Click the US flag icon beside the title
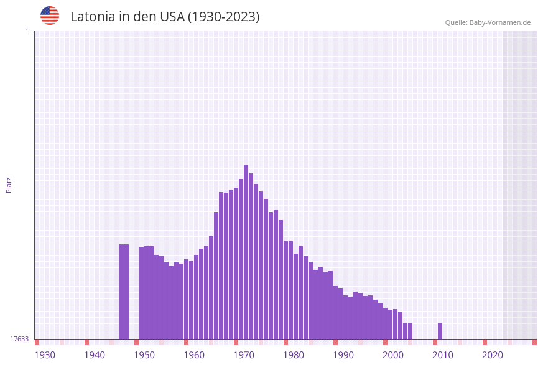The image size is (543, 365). [50, 16]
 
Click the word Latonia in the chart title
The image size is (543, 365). [93, 17]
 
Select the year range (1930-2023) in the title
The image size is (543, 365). [223, 17]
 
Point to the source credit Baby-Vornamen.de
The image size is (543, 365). [488, 22]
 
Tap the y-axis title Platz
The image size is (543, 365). [9, 185]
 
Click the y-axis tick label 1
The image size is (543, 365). [26, 31]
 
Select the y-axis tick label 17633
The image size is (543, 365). [19, 339]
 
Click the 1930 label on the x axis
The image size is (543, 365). [45, 355]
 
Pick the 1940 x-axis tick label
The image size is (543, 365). [95, 355]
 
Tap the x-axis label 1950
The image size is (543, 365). [144, 355]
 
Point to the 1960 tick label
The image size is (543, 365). [194, 355]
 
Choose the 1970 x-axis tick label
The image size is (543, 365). [244, 355]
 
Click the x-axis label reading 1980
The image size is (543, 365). [294, 355]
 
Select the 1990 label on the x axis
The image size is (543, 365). [343, 355]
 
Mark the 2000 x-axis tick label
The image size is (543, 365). [393, 355]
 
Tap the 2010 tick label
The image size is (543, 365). [443, 355]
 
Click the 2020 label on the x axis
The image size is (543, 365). [493, 355]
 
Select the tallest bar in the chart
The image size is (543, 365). [246, 252]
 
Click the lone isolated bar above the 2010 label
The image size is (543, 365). [440, 331]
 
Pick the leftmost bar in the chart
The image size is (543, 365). [122, 292]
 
